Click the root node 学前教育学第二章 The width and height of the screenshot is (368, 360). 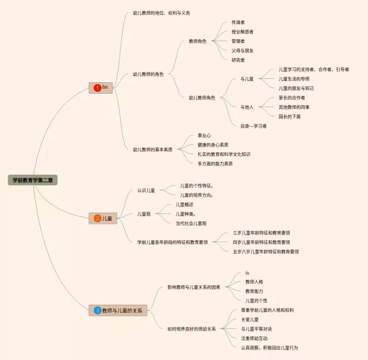point(34,180)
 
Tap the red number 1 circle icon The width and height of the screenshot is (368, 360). point(97,87)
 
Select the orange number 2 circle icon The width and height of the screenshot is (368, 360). point(97,219)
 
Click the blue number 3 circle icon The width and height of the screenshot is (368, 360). point(98,311)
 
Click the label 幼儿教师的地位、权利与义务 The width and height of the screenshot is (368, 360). point(161,13)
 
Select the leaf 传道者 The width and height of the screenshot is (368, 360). point(238,22)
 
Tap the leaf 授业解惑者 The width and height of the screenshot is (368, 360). point(242,32)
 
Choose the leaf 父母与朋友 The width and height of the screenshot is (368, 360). point(242,51)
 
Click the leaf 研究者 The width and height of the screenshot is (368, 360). point(238,60)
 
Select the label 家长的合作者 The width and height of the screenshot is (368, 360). point(292,98)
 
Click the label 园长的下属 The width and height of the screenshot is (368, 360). point(289,117)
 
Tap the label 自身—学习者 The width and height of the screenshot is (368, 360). point(254,126)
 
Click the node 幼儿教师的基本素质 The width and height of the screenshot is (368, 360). point(152,150)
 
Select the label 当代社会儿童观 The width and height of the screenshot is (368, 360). point(191,223)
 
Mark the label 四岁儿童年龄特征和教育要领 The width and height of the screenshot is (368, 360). point(261,242)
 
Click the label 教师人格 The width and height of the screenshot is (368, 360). point(255,282)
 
